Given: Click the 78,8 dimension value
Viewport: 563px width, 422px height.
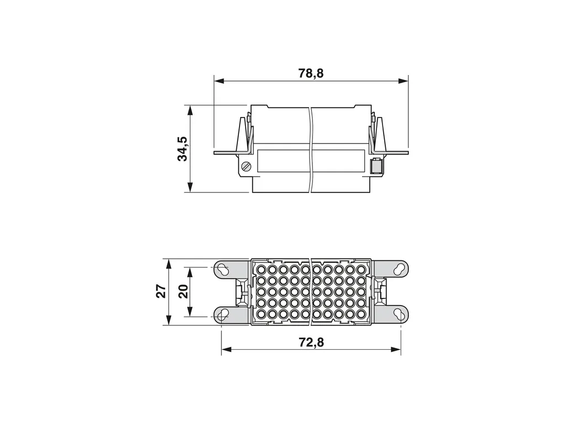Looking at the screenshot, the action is [311, 73].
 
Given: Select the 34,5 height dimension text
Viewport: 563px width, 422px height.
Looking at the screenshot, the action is [183, 148].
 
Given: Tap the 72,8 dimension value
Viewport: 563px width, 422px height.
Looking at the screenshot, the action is [311, 343].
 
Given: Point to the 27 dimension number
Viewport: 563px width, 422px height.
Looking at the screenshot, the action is [162, 291].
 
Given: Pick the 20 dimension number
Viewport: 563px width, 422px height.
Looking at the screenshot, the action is [183, 291].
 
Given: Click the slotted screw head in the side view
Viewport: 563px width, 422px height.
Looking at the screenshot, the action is [246, 167].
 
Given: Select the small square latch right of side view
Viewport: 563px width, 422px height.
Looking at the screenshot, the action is [376, 167].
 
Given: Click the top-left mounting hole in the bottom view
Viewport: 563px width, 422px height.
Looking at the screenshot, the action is [223, 269].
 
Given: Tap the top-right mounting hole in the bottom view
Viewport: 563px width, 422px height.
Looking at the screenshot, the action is [399, 269].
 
